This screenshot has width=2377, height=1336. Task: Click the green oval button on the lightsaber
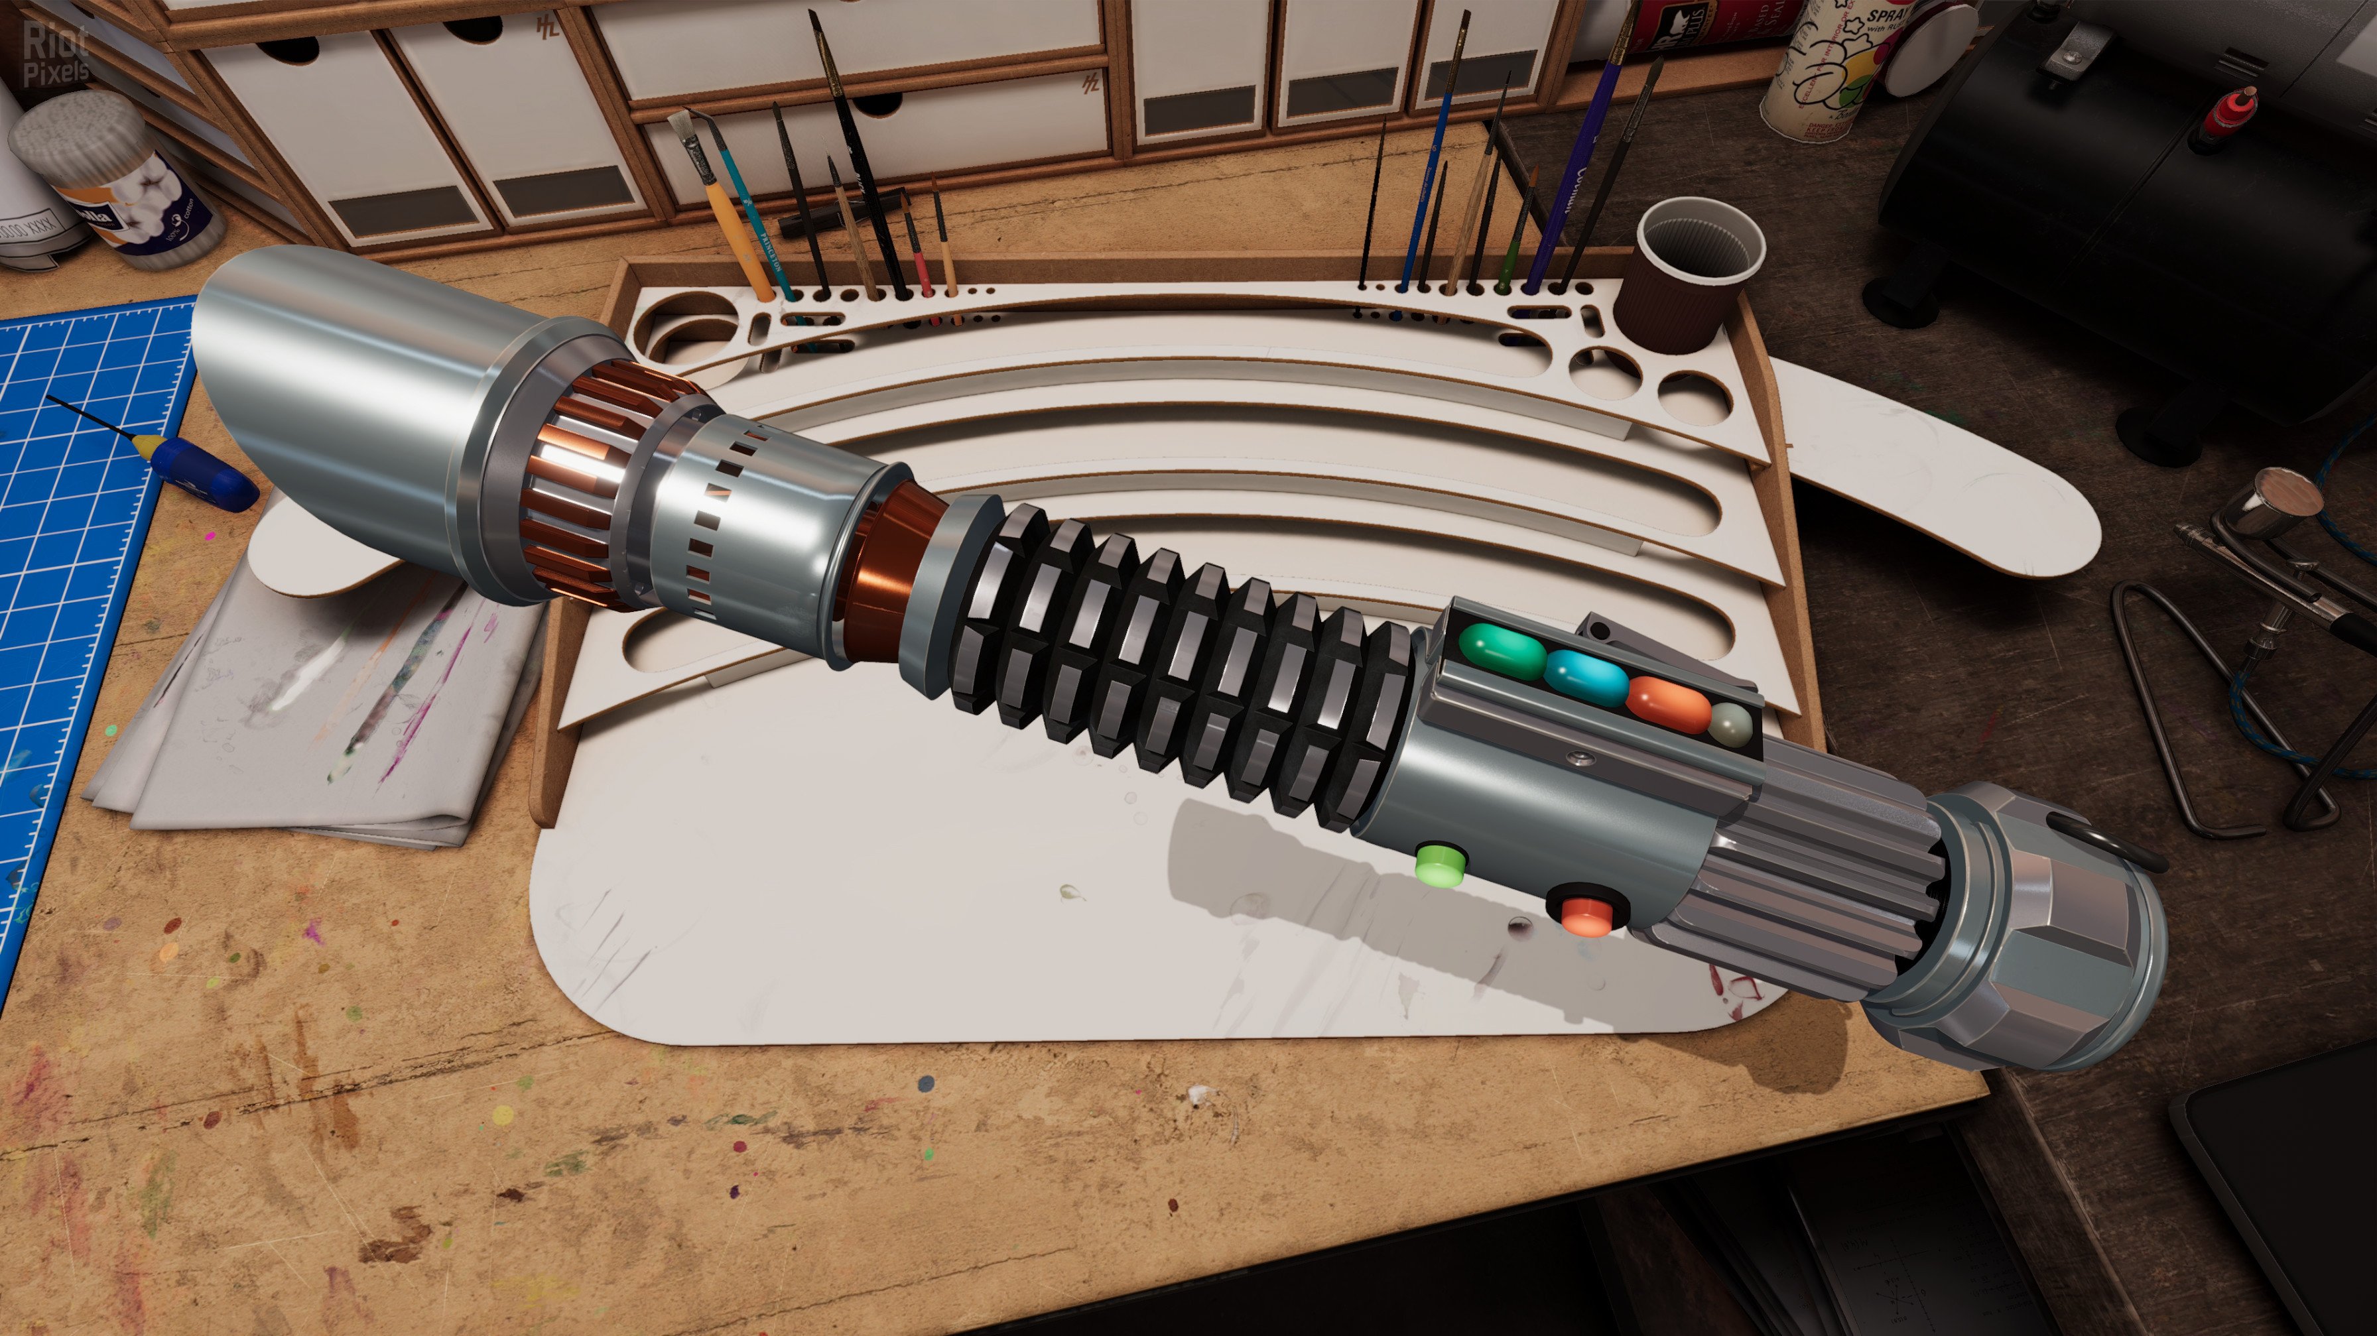click(1502, 651)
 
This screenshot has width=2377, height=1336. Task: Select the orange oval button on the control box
click(1667, 704)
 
